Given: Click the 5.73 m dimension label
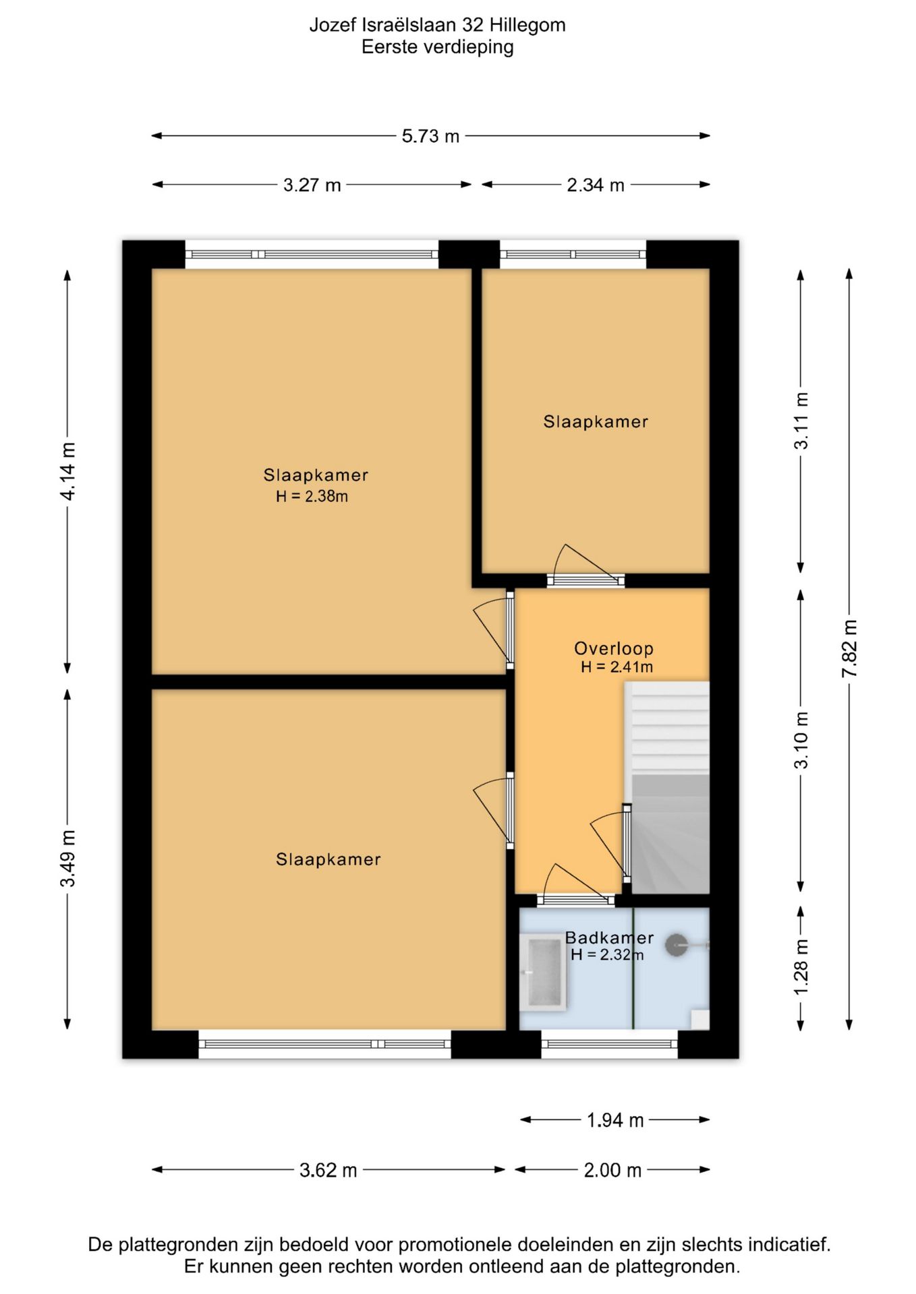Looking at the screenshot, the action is click(430, 136).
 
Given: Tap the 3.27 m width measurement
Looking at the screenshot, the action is click(312, 185).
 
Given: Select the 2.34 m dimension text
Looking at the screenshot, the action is click(595, 185).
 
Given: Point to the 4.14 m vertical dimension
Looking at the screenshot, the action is click(67, 471).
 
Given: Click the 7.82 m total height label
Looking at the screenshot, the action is click(849, 649).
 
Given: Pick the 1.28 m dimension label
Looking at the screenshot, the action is click(801, 967).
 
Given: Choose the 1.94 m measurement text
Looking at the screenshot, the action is click(614, 1120).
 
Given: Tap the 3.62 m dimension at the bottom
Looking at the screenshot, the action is click(328, 1170).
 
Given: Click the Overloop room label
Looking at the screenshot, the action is click(614, 648).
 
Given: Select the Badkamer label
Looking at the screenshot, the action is click(609, 937).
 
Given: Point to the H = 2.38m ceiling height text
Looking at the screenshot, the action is click(312, 497).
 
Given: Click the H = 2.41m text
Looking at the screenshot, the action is click(617, 667).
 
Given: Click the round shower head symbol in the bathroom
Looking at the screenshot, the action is click(677, 945).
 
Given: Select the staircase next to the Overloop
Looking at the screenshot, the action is click(667, 787).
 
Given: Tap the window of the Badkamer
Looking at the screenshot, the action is click(609, 1044).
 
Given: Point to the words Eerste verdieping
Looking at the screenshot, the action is click(438, 47).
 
